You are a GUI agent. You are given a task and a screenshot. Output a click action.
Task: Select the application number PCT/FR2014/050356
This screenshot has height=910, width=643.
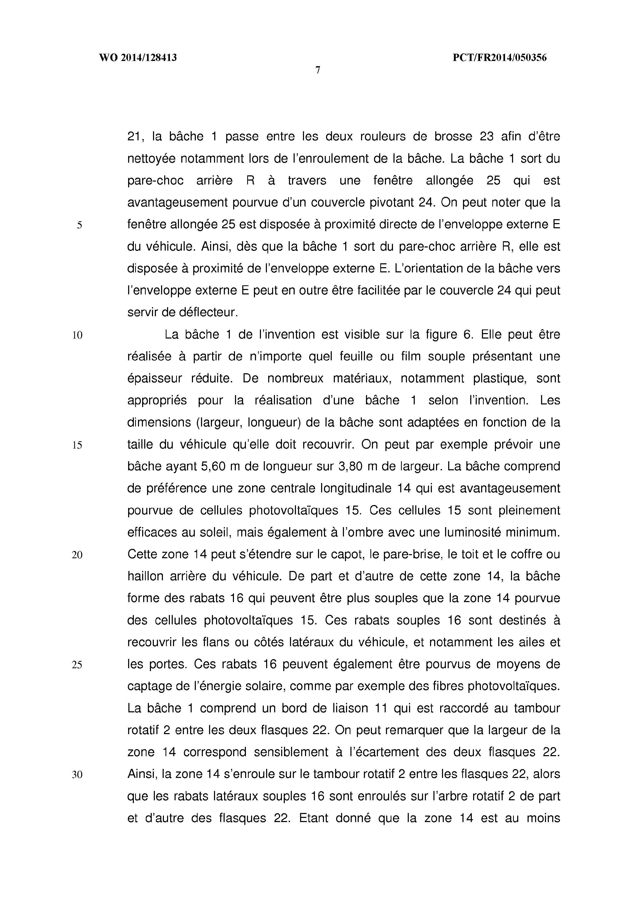click(x=499, y=58)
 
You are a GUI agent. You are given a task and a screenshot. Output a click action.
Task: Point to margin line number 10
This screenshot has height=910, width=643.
click(x=77, y=335)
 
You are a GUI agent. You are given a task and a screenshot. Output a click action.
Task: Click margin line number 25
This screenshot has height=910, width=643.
click(x=77, y=665)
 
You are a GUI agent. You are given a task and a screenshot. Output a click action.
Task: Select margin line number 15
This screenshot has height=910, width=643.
click(x=77, y=445)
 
